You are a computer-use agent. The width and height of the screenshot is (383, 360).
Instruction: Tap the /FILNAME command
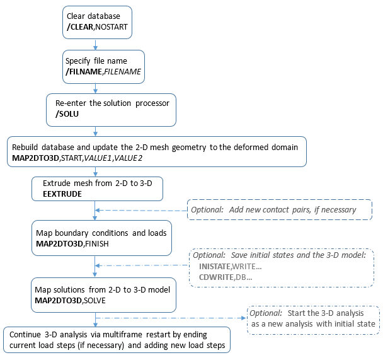(x=86, y=72)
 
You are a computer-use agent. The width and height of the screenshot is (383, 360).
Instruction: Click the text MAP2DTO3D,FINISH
(x=74, y=243)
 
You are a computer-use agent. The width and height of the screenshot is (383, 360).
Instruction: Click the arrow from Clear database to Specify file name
(x=94, y=44)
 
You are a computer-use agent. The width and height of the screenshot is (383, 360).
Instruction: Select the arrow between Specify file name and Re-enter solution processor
(x=94, y=88)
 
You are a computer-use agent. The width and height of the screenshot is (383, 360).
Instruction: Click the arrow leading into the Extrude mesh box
(x=94, y=170)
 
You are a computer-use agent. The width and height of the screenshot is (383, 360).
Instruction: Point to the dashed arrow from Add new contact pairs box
(x=142, y=210)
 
